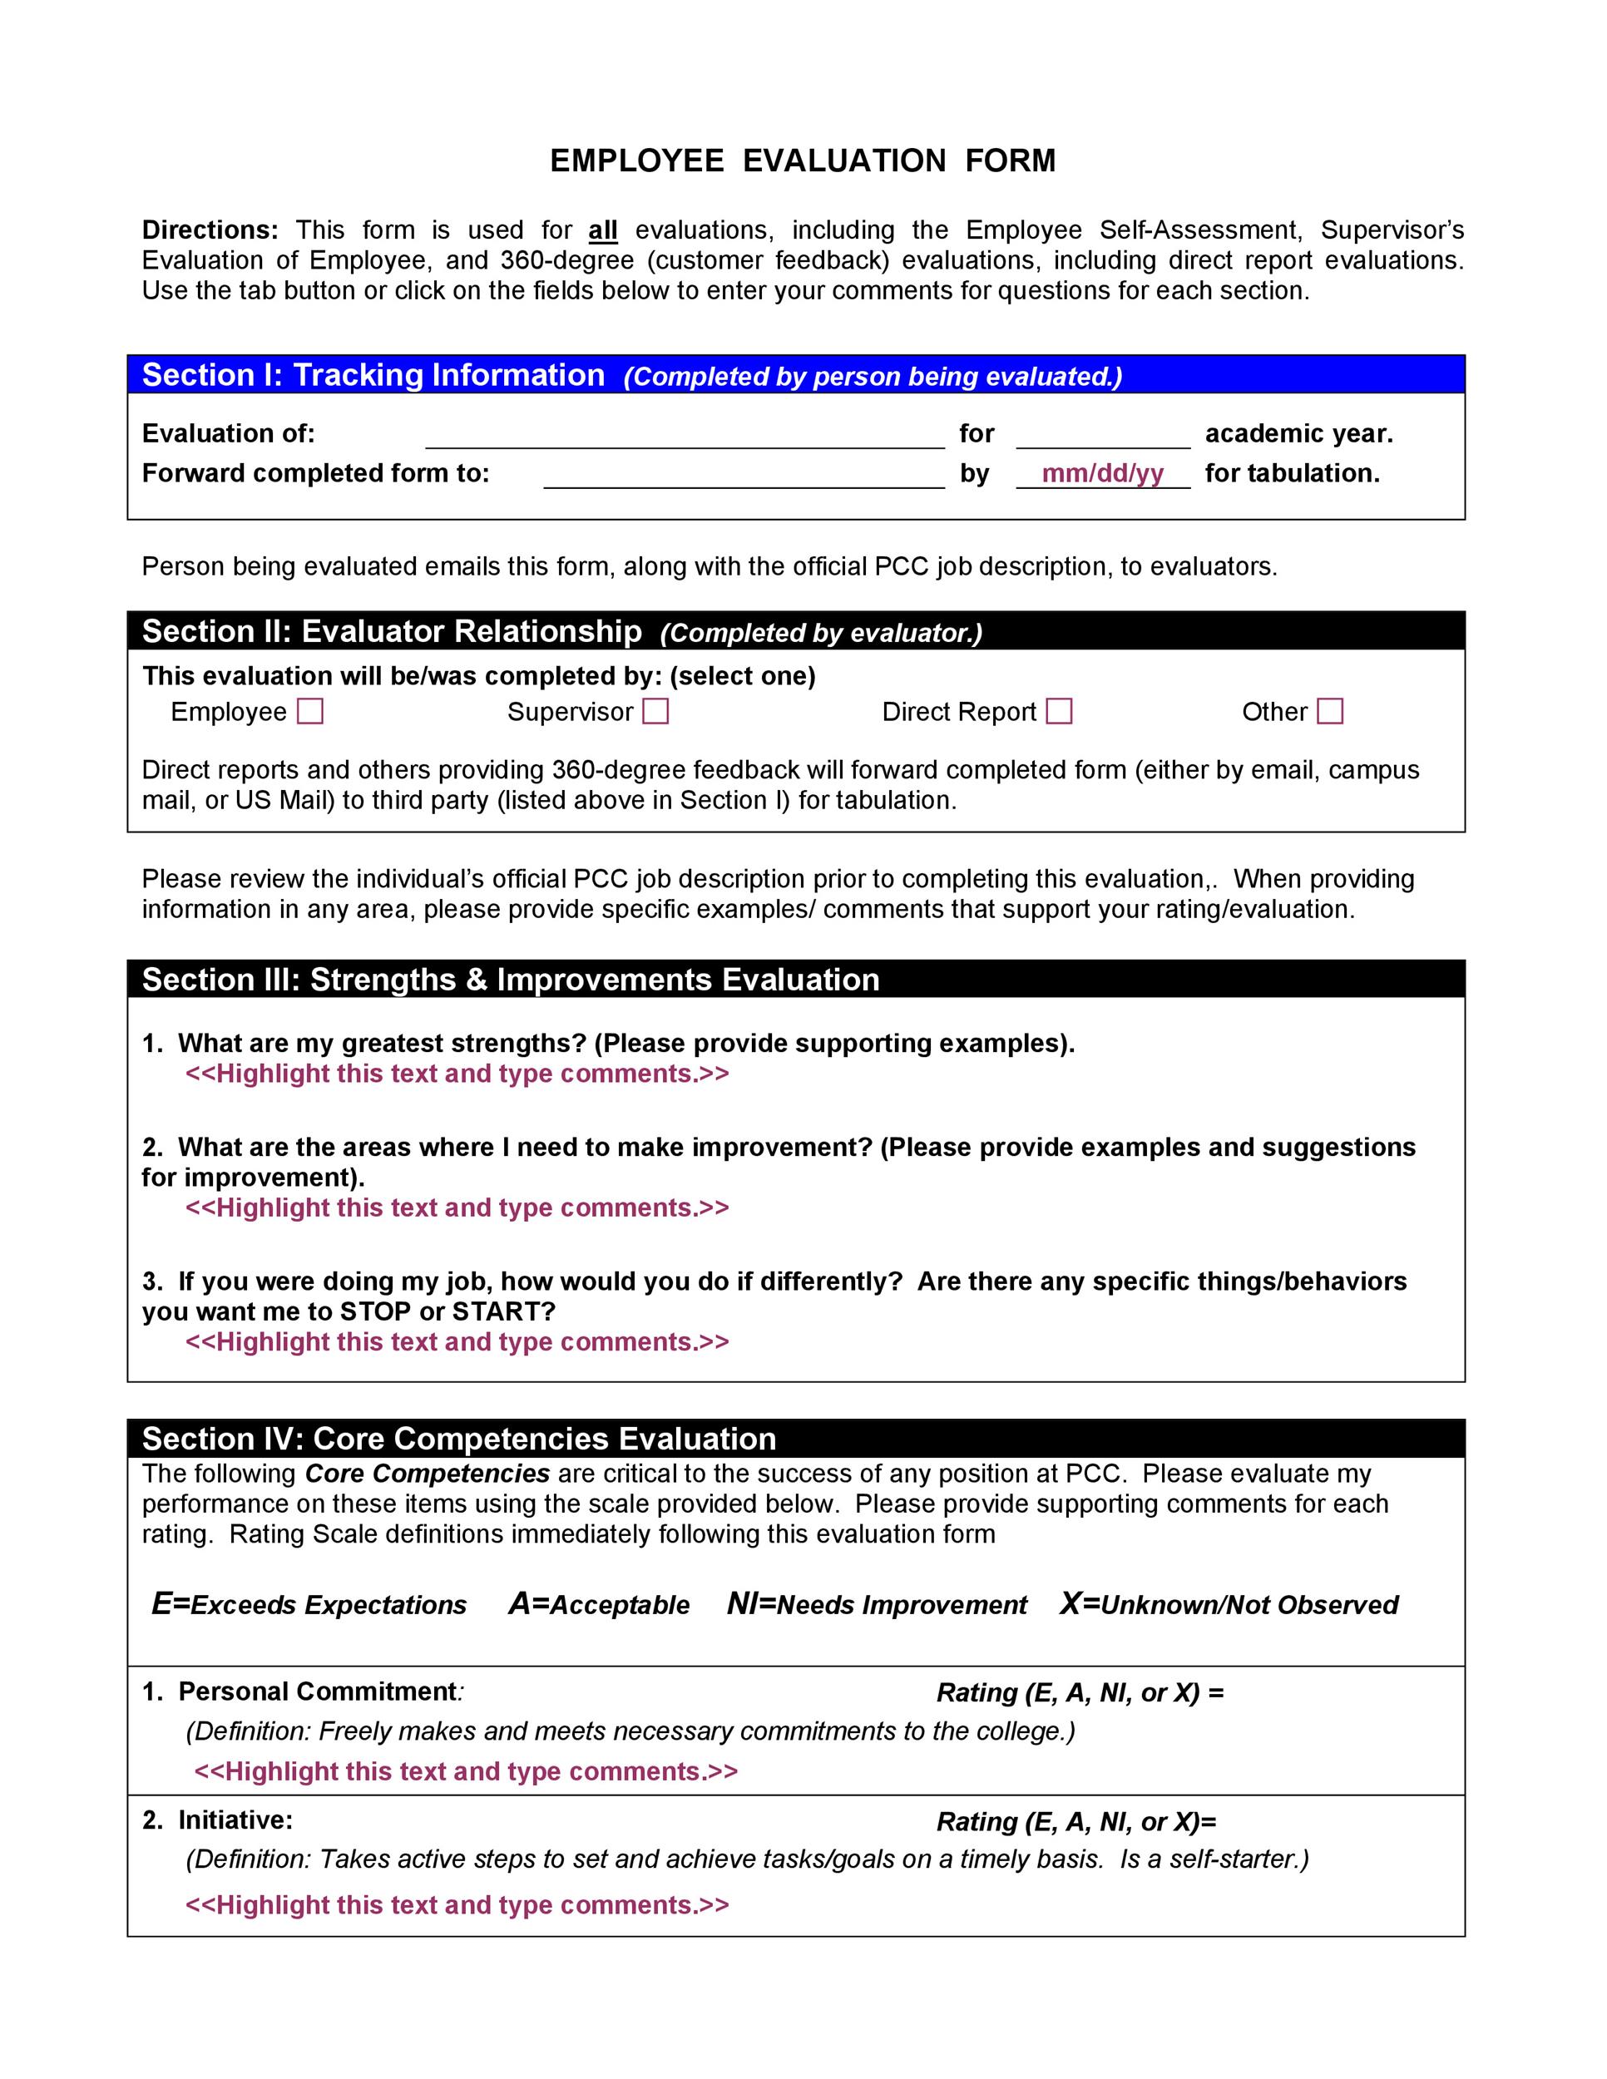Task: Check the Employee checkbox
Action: coord(310,712)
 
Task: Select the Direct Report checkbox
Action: coord(1059,712)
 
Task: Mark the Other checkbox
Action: coord(1330,712)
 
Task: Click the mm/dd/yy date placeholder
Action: coord(1102,474)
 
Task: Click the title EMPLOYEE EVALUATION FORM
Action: coord(803,160)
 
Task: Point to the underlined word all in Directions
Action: coord(602,230)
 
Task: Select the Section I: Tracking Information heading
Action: coord(373,375)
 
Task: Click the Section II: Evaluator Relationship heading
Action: coord(391,631)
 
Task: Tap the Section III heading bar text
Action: coord(510,980)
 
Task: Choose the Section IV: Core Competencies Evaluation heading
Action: coord(459,1439)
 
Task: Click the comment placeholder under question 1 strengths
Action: coord(457,1074)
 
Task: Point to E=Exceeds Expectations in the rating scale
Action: coord(309,1605)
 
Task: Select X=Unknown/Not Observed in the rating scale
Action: coord(1228,1605)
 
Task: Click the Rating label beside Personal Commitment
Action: coord(1080,1692)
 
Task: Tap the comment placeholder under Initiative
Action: coord(457,1905)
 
